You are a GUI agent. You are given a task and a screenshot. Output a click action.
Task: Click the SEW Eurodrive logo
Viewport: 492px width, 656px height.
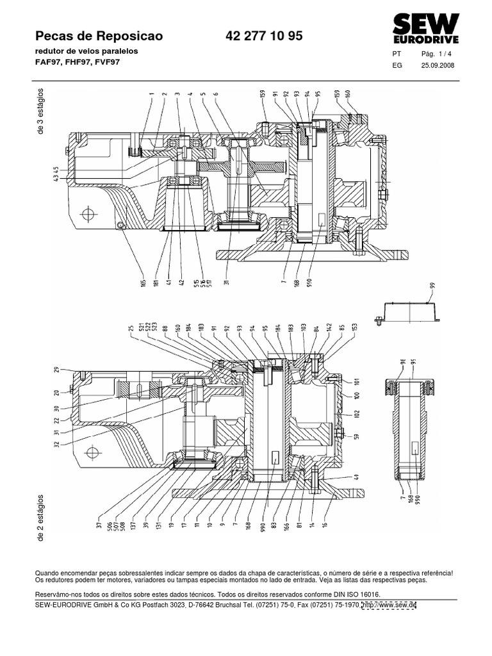coord(425,29)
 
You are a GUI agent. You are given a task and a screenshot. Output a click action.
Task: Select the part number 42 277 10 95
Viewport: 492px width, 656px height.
coord(264,37)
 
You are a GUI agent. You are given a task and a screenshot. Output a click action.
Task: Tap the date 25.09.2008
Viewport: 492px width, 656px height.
coord(437,65)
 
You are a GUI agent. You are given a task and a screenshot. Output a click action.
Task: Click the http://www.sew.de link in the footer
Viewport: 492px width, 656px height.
coord(389,605)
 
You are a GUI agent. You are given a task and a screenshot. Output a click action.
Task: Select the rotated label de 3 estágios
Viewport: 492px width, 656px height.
coord(42,111)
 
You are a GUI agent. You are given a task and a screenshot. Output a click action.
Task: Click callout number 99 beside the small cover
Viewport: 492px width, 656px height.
coord(432,286)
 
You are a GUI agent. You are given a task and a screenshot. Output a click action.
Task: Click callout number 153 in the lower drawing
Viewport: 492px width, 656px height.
coord(354,329)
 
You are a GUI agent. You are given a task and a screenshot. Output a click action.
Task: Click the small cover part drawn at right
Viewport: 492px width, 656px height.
coord(408,311)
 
